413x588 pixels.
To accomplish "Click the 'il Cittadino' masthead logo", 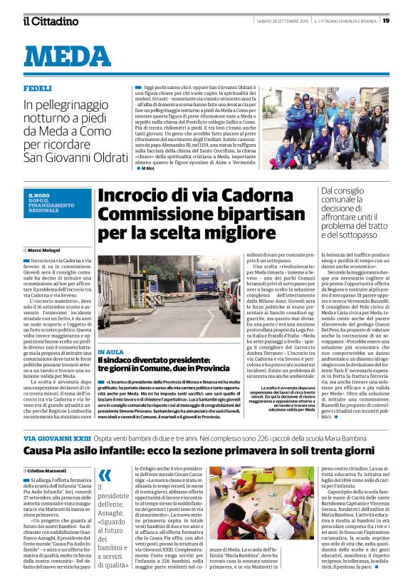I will point(51,21).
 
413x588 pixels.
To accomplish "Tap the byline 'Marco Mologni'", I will point(47,251).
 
